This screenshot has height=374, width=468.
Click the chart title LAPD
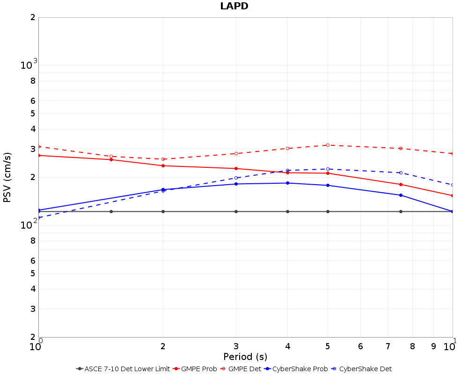click(234, 6)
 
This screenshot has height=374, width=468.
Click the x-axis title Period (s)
click(245, 357)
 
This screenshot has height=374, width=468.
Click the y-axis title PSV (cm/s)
click(7, 177)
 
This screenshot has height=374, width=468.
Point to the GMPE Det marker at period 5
click(328, 145)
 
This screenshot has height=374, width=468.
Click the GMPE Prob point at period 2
click(163, 165)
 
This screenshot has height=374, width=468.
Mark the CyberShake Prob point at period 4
click(287, 183)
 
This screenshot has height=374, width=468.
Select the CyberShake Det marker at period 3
click(236, 178)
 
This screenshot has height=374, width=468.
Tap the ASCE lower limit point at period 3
click(236, 211)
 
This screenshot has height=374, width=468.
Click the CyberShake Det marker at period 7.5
click(401, 173)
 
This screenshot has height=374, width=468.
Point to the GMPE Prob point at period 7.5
click(401, 184)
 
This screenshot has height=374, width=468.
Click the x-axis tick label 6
click(360, 346)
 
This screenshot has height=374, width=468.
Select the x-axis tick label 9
click(433, 346)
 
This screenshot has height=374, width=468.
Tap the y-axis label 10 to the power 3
click(29, 65)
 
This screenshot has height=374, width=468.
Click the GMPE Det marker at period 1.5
click(111, 156)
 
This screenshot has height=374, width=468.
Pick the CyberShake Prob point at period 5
click(328, 185)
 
